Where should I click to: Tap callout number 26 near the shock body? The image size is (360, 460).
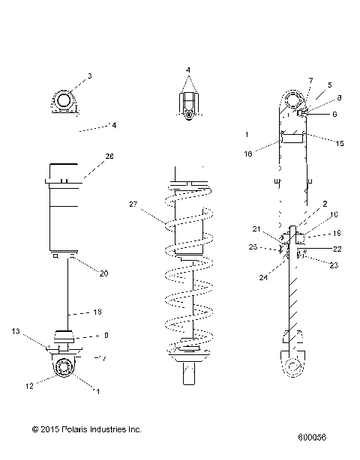[109, 157]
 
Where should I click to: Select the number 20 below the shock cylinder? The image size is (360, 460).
[104, 273]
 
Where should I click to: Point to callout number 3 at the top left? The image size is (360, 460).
[89, 76]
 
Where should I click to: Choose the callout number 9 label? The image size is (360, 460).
[106, 335]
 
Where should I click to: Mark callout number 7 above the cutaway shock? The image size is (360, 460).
[310, 80]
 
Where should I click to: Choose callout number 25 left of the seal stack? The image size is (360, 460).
[253, 246]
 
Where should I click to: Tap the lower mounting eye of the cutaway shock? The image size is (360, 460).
[292, 366]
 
